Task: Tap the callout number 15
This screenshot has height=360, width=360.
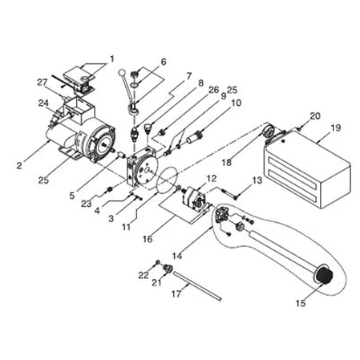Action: [300, 304]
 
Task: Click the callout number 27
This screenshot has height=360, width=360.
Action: [41, 83]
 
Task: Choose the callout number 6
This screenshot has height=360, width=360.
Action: [163, 62]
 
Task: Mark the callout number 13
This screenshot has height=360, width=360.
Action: [257, 182]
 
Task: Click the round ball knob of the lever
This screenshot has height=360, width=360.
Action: [122, 74]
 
